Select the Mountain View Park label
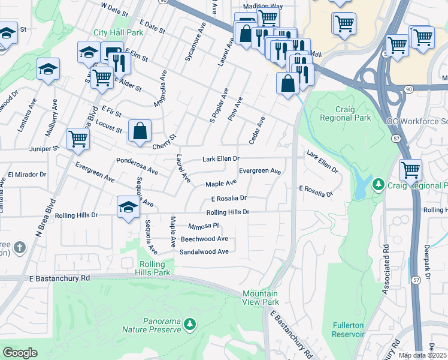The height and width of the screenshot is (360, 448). click(261, 298)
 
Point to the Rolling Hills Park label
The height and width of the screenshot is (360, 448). click(155, 268)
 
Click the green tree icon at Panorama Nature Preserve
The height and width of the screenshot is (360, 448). click(190, 325)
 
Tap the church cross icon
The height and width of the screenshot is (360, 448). click(20, 247)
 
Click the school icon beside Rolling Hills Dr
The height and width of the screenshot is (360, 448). click(128, 207)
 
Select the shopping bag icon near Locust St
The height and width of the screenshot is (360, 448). click(140, 130)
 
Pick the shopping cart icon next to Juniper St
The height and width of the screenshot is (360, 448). click(78, 139)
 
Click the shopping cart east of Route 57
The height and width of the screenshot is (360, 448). click(410, 169)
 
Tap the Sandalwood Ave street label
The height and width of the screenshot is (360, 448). click(204, 252)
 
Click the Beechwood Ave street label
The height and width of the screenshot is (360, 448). click(204, 239)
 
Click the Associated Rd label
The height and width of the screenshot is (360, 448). click(387, 269)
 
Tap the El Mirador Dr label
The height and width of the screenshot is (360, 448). click(26, 175)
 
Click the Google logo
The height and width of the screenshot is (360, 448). click(20, 352)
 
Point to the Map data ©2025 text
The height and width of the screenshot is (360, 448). click(422, 355)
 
